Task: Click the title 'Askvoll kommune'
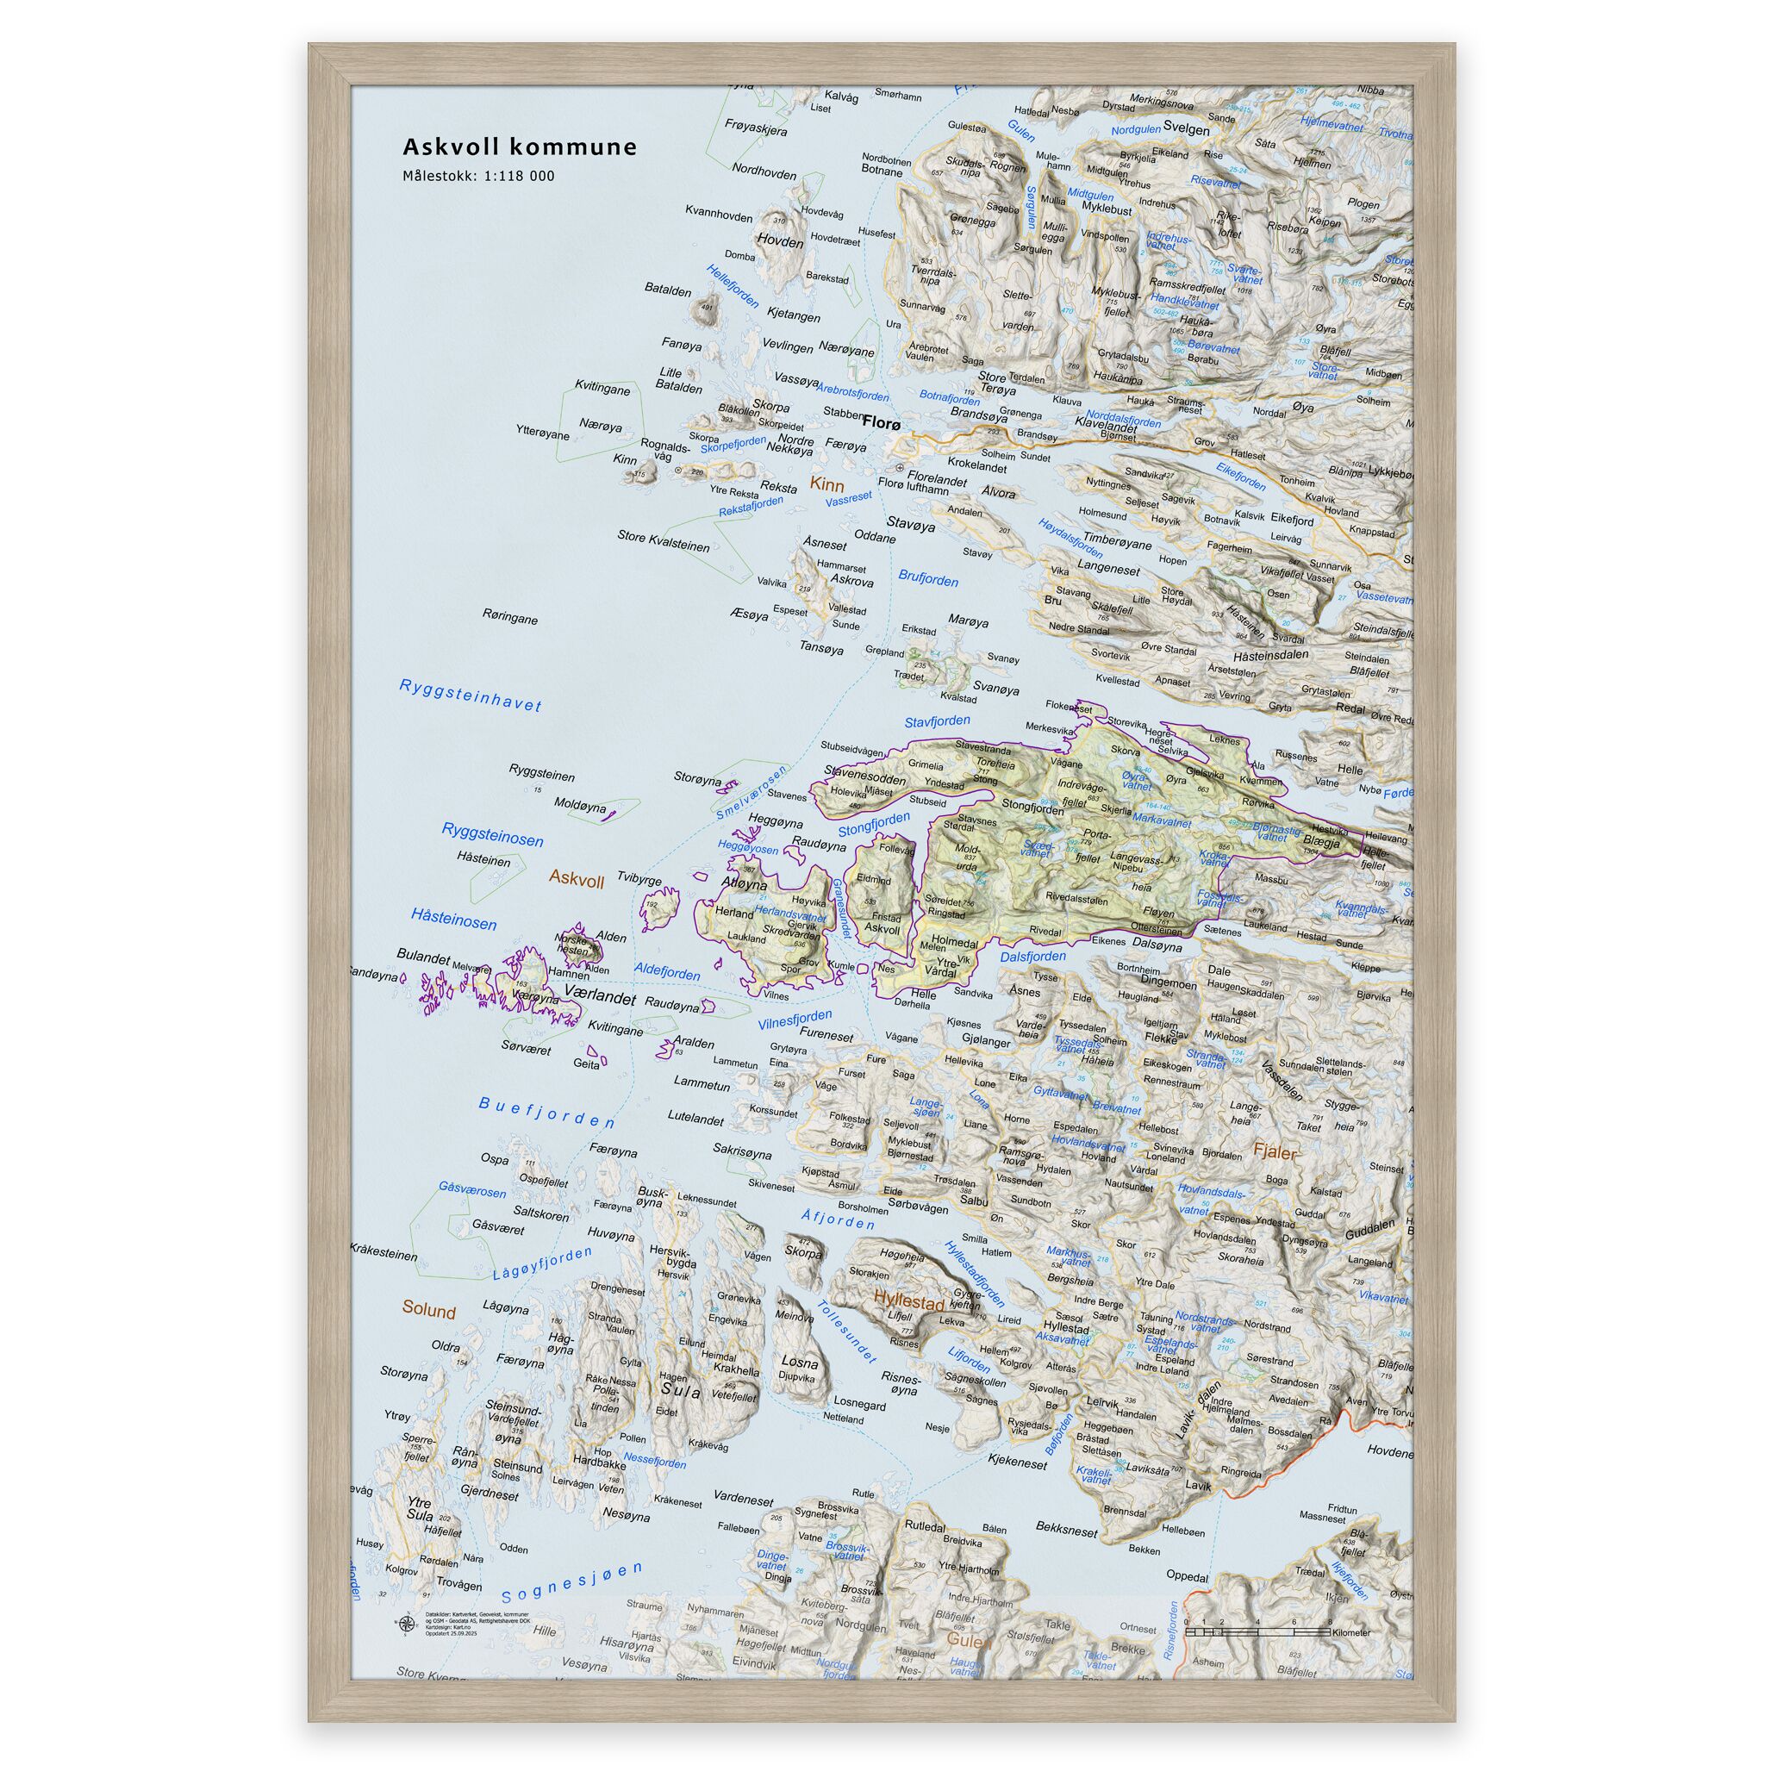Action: [520, 147]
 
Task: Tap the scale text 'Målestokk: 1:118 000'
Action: [478, 177]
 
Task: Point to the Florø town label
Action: [882, 423]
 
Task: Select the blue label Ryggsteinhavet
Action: [471, 695]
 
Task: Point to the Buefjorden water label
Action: [547, 1112]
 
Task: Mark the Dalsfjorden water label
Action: [1033, 957]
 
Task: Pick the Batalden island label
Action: [668, 290]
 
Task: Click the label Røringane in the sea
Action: [511, 618]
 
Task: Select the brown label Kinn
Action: [826, 485]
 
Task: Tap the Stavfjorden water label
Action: [938, 721]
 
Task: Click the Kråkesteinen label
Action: [384, 1255]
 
